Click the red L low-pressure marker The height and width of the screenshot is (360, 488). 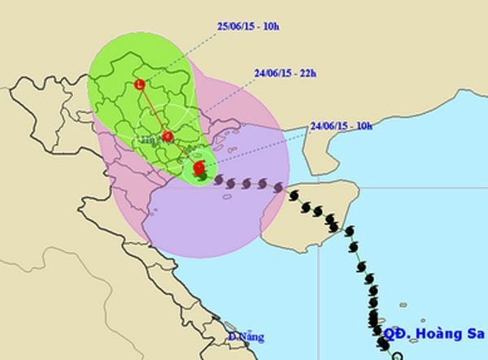click(x=141, y=84)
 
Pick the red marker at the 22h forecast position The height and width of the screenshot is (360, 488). click(x=168, y=137)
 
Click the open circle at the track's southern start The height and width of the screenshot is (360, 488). click(x=396, y=355)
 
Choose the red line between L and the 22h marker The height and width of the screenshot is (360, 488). click(x=154, y=110)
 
